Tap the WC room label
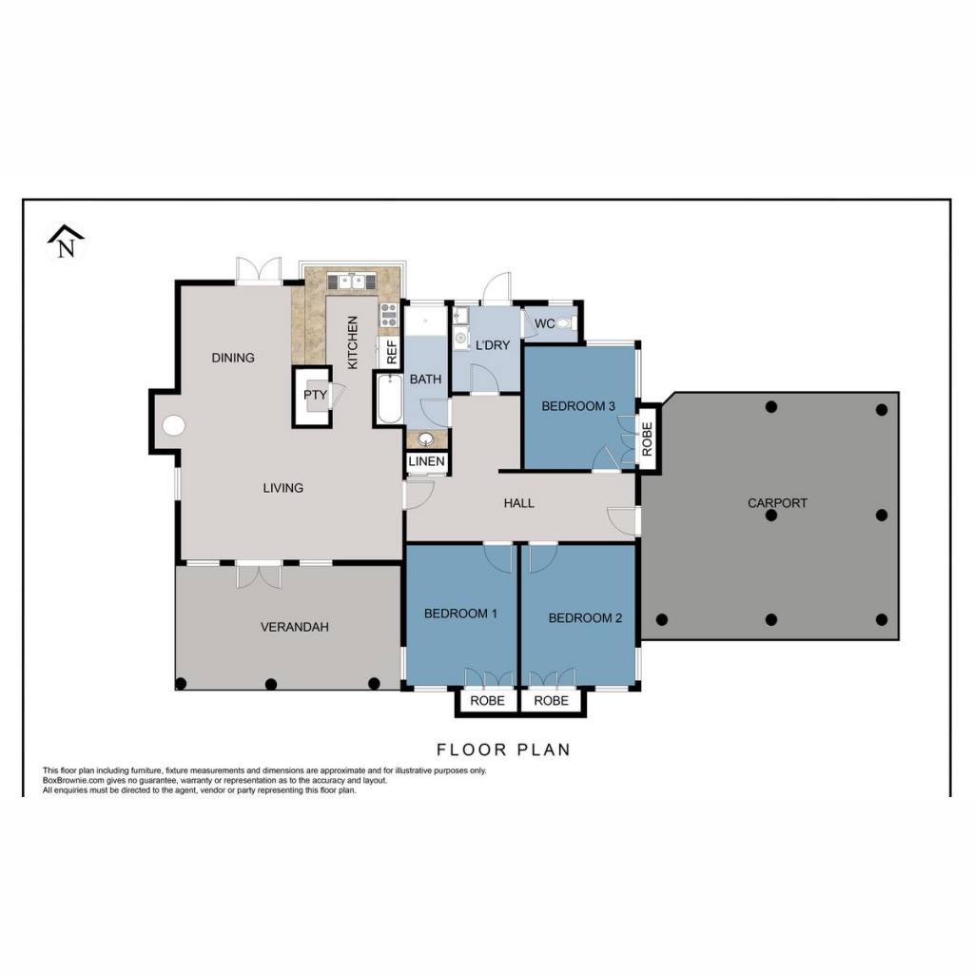(544, 323)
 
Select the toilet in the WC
(564, 323)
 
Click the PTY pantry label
(315, 395)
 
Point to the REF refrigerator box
(391, 352)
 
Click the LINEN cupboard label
(427, 461)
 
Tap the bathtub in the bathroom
(389, 399)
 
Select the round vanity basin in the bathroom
(426, 439)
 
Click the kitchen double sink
(352, 282)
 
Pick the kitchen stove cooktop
(389, 315)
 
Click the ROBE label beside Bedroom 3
(647, 439)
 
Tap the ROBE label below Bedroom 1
(487, 701)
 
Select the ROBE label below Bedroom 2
(551, 701)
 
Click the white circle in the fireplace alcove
(173, 425)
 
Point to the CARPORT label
(777, 503)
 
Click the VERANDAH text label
(295, 627)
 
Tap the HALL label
(518, 503)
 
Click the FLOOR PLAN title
(503, 750)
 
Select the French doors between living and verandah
(259, 574)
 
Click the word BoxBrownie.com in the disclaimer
(68, 780)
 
